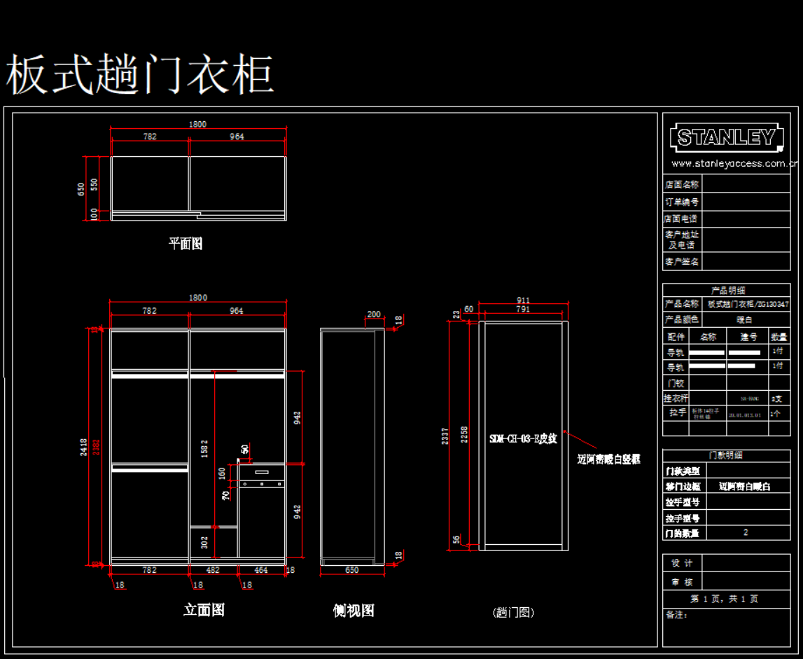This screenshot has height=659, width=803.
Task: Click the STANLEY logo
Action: coord(726,138)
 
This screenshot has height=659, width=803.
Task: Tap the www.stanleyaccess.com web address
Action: coord(734,164)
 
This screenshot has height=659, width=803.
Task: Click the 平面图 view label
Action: coord(186,244)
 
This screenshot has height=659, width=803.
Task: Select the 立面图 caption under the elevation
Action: coord(204,610)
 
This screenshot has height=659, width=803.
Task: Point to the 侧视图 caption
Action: coord(354,611)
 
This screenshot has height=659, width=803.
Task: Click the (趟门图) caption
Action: coord(514,612)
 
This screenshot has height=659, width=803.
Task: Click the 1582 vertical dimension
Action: coord(204,449)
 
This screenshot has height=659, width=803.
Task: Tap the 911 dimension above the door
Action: coord(523,300)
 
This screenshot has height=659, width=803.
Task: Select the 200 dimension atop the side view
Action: coord(374,314)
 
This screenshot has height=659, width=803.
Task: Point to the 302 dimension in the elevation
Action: coord(204,542)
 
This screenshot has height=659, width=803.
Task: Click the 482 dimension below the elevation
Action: coord(213,571)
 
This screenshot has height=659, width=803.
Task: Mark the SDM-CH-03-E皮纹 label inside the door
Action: coord(523,439)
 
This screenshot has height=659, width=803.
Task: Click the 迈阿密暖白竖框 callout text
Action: coord(608,459)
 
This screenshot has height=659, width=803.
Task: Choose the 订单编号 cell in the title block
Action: coord(681,202)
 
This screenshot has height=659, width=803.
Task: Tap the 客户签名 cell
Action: coord(681,262)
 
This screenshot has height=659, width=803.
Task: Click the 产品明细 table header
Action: coord(728,290)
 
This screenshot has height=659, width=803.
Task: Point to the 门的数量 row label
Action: coord(681,534)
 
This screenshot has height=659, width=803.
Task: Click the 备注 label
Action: coord(676,615)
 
